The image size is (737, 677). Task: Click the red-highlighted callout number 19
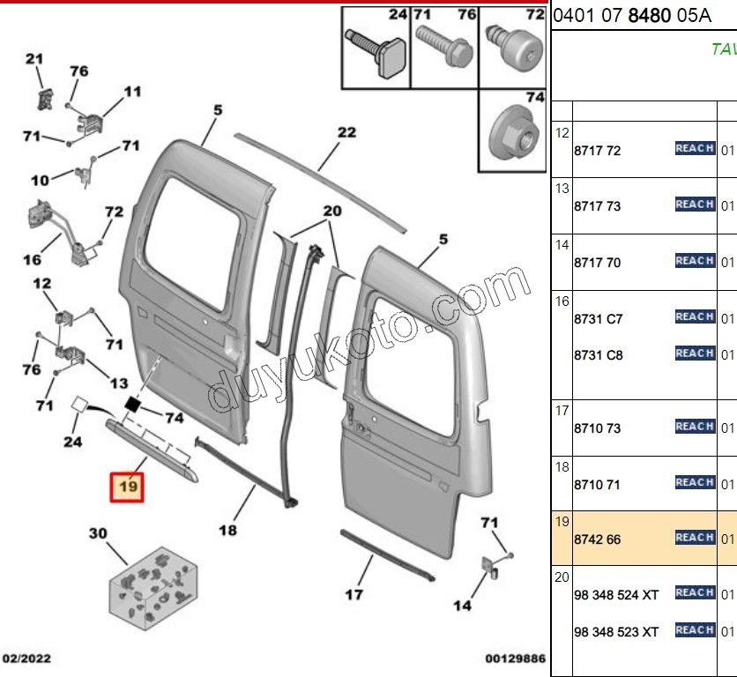128,486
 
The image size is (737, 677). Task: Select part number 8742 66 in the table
597,539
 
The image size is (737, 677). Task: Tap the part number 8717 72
597,151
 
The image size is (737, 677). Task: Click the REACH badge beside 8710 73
694,427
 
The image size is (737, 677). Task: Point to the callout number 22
346,132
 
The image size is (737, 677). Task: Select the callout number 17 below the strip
353,595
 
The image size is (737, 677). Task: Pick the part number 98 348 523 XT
615,632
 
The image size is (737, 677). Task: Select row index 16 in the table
561,301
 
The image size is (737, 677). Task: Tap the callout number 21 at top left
33,59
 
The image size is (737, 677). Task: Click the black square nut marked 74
134,404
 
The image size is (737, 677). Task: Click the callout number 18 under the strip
227,531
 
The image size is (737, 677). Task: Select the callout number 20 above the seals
331,211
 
